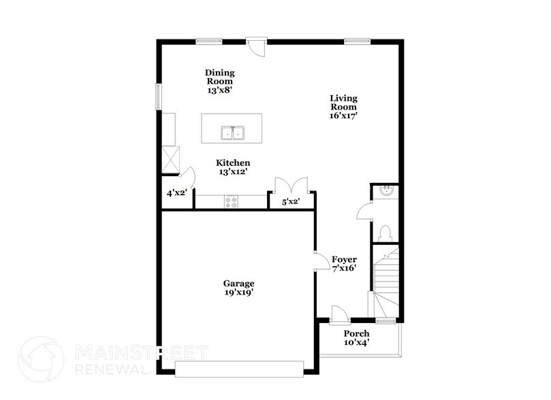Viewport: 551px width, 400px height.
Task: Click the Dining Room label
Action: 223,80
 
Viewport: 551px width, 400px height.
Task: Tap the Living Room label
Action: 344,107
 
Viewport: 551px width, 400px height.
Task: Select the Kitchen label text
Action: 233,167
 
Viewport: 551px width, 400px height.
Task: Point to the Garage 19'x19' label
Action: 238,288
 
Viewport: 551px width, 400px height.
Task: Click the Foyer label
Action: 344,265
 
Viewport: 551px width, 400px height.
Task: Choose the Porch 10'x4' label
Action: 356,337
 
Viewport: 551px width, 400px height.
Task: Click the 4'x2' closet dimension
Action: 177,193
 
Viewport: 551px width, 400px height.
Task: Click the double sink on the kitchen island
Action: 232,133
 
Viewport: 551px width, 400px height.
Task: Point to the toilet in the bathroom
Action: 385,232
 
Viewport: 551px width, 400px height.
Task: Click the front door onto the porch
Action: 338,314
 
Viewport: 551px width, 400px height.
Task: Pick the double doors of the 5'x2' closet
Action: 292,185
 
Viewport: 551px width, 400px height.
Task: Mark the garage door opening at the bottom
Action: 238,370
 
